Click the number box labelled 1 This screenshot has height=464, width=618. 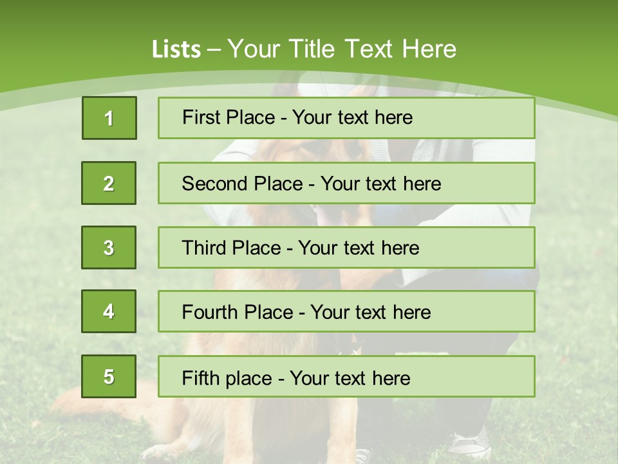[x=109, y=118]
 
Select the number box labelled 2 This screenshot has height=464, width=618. [x=109, y=183]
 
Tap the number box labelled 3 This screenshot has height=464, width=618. [x=109, y=247]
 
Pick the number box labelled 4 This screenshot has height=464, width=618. [x=109, y=311]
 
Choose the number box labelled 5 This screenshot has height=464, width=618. [x=109, y=376]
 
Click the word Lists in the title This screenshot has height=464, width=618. [x=176, y=49]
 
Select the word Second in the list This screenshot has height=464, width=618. [x=215, y=184]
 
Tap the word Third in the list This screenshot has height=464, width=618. [x=205, y=248]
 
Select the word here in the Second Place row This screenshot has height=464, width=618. [x=422, y=184]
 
